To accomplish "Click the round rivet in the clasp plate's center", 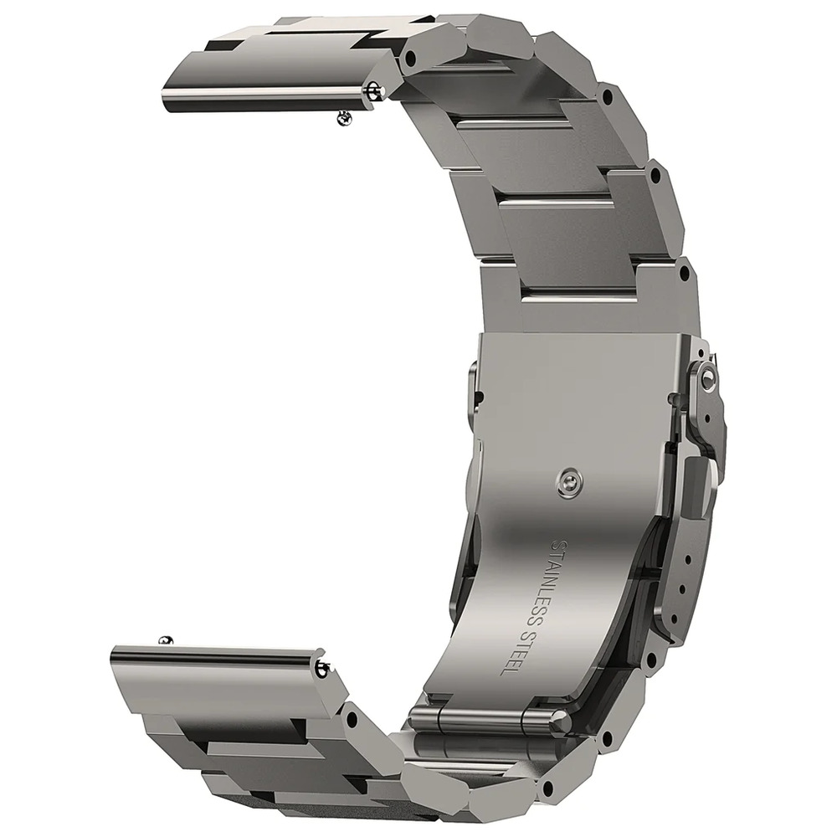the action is click(570, 483).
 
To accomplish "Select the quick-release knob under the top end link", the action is click(344, 119).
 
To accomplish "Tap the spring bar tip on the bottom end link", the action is click(322, 667).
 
